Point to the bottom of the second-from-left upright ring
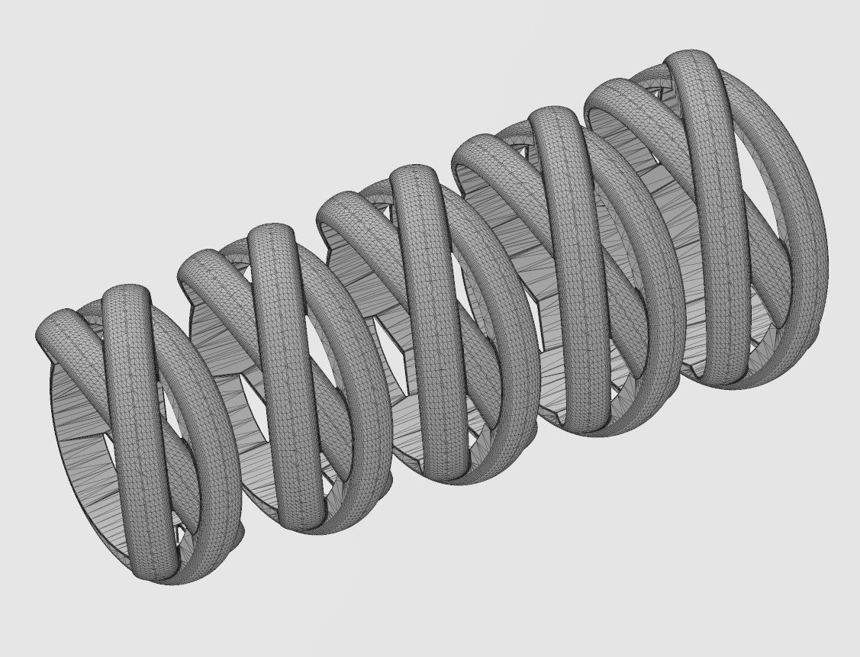(305, 523)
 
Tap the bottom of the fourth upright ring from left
(584, 424)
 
